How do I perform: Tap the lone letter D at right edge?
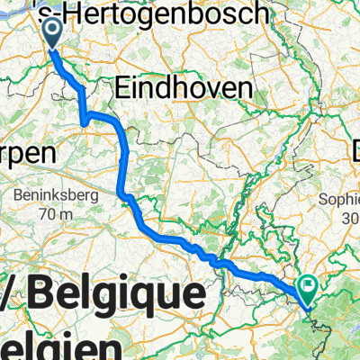pyautogui.click(x=355, y=148)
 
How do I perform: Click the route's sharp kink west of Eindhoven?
pyautogui.click(x=84, y=121)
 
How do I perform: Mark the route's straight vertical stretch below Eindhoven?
pyautogui.click(x=122, y=157)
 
